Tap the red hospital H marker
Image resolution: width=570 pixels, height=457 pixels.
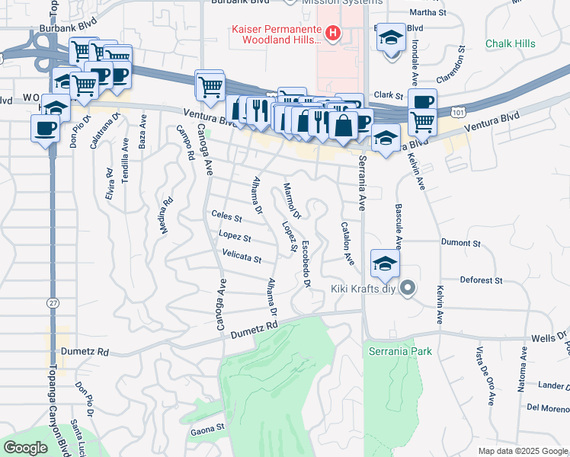pos(332,33)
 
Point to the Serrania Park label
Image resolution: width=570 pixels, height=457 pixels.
pos(400,351)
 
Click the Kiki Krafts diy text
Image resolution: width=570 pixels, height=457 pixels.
pos(364,289)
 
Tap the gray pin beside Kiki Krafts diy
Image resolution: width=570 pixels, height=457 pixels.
pos(408,288)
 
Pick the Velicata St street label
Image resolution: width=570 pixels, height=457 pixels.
pos(242,257)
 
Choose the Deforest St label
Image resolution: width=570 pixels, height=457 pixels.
pos(481,280)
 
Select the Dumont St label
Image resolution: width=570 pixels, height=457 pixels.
pos(461,244)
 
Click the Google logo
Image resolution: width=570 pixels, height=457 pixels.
pos(26,448)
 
